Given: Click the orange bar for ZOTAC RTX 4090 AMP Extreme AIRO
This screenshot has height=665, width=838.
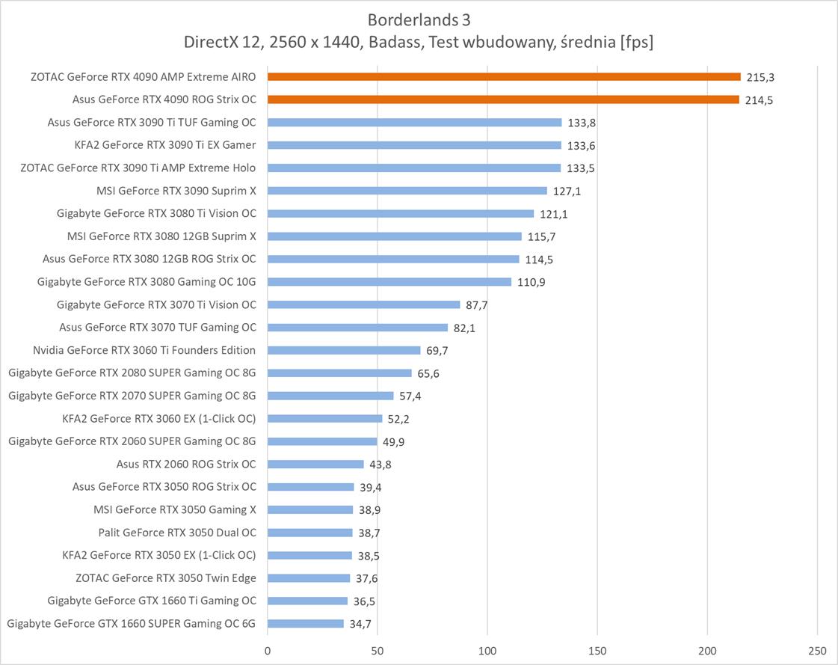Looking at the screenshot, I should click(504, 76).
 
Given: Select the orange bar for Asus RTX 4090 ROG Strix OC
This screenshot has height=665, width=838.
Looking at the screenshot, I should click(503, 99).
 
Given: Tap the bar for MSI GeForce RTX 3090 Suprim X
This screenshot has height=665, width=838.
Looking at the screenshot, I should click(407, 191).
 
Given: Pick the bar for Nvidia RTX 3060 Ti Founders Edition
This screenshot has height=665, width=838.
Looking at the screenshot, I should click(344, 350).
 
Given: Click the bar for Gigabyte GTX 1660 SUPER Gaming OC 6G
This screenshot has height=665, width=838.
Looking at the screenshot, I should click(306, 623).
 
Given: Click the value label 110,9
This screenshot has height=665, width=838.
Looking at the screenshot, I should click(532, 282).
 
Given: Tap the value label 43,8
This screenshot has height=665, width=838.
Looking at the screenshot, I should click(379, 465).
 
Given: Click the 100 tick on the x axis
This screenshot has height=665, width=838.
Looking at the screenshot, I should click(487, 650).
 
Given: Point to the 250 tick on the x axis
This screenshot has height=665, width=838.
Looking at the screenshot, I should click(817, 650).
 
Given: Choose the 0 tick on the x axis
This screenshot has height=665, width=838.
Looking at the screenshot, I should click(268, 650).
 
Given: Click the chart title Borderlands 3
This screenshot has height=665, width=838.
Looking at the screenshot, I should click(419, 19).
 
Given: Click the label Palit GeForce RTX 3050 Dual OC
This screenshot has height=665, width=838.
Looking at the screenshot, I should click(177, 533).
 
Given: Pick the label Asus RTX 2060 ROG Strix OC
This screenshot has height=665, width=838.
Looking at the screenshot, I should click(186, 465).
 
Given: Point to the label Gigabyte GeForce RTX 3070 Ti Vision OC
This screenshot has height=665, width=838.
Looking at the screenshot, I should click(156, 304).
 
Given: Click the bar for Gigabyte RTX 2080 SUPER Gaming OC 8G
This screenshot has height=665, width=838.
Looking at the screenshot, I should click(339, 373).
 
